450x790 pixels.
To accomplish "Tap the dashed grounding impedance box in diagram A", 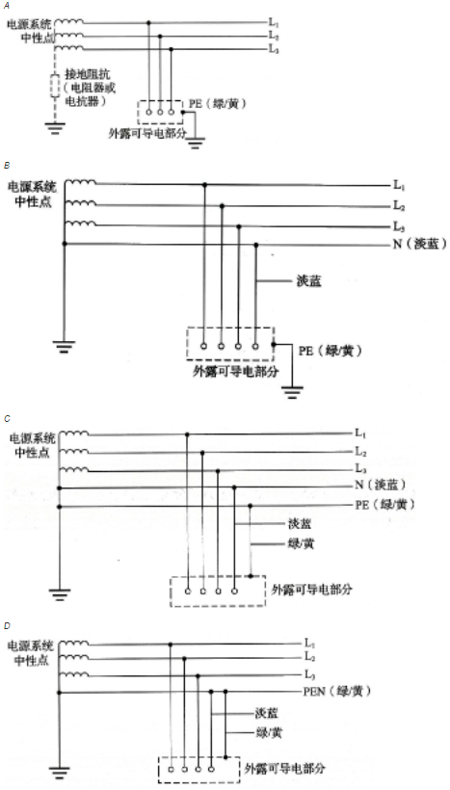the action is (55, 86).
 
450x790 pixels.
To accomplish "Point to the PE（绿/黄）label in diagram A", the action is (218, 103).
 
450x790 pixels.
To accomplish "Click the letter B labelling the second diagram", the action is (6, 165).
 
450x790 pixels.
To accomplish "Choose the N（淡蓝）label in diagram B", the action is (420, 245).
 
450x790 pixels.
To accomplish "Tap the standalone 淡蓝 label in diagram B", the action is (309, 281).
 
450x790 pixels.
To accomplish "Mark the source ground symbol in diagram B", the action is (64, 347).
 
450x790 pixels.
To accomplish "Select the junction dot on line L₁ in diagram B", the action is (204, 185).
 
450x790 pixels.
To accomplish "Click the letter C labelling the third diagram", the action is (6, 419).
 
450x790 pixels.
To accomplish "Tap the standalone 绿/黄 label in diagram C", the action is (302, 544).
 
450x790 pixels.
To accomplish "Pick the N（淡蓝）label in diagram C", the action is (381, 487).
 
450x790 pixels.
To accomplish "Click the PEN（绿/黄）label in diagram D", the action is (336, 692).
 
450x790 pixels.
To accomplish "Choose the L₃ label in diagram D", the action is (310, 674).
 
